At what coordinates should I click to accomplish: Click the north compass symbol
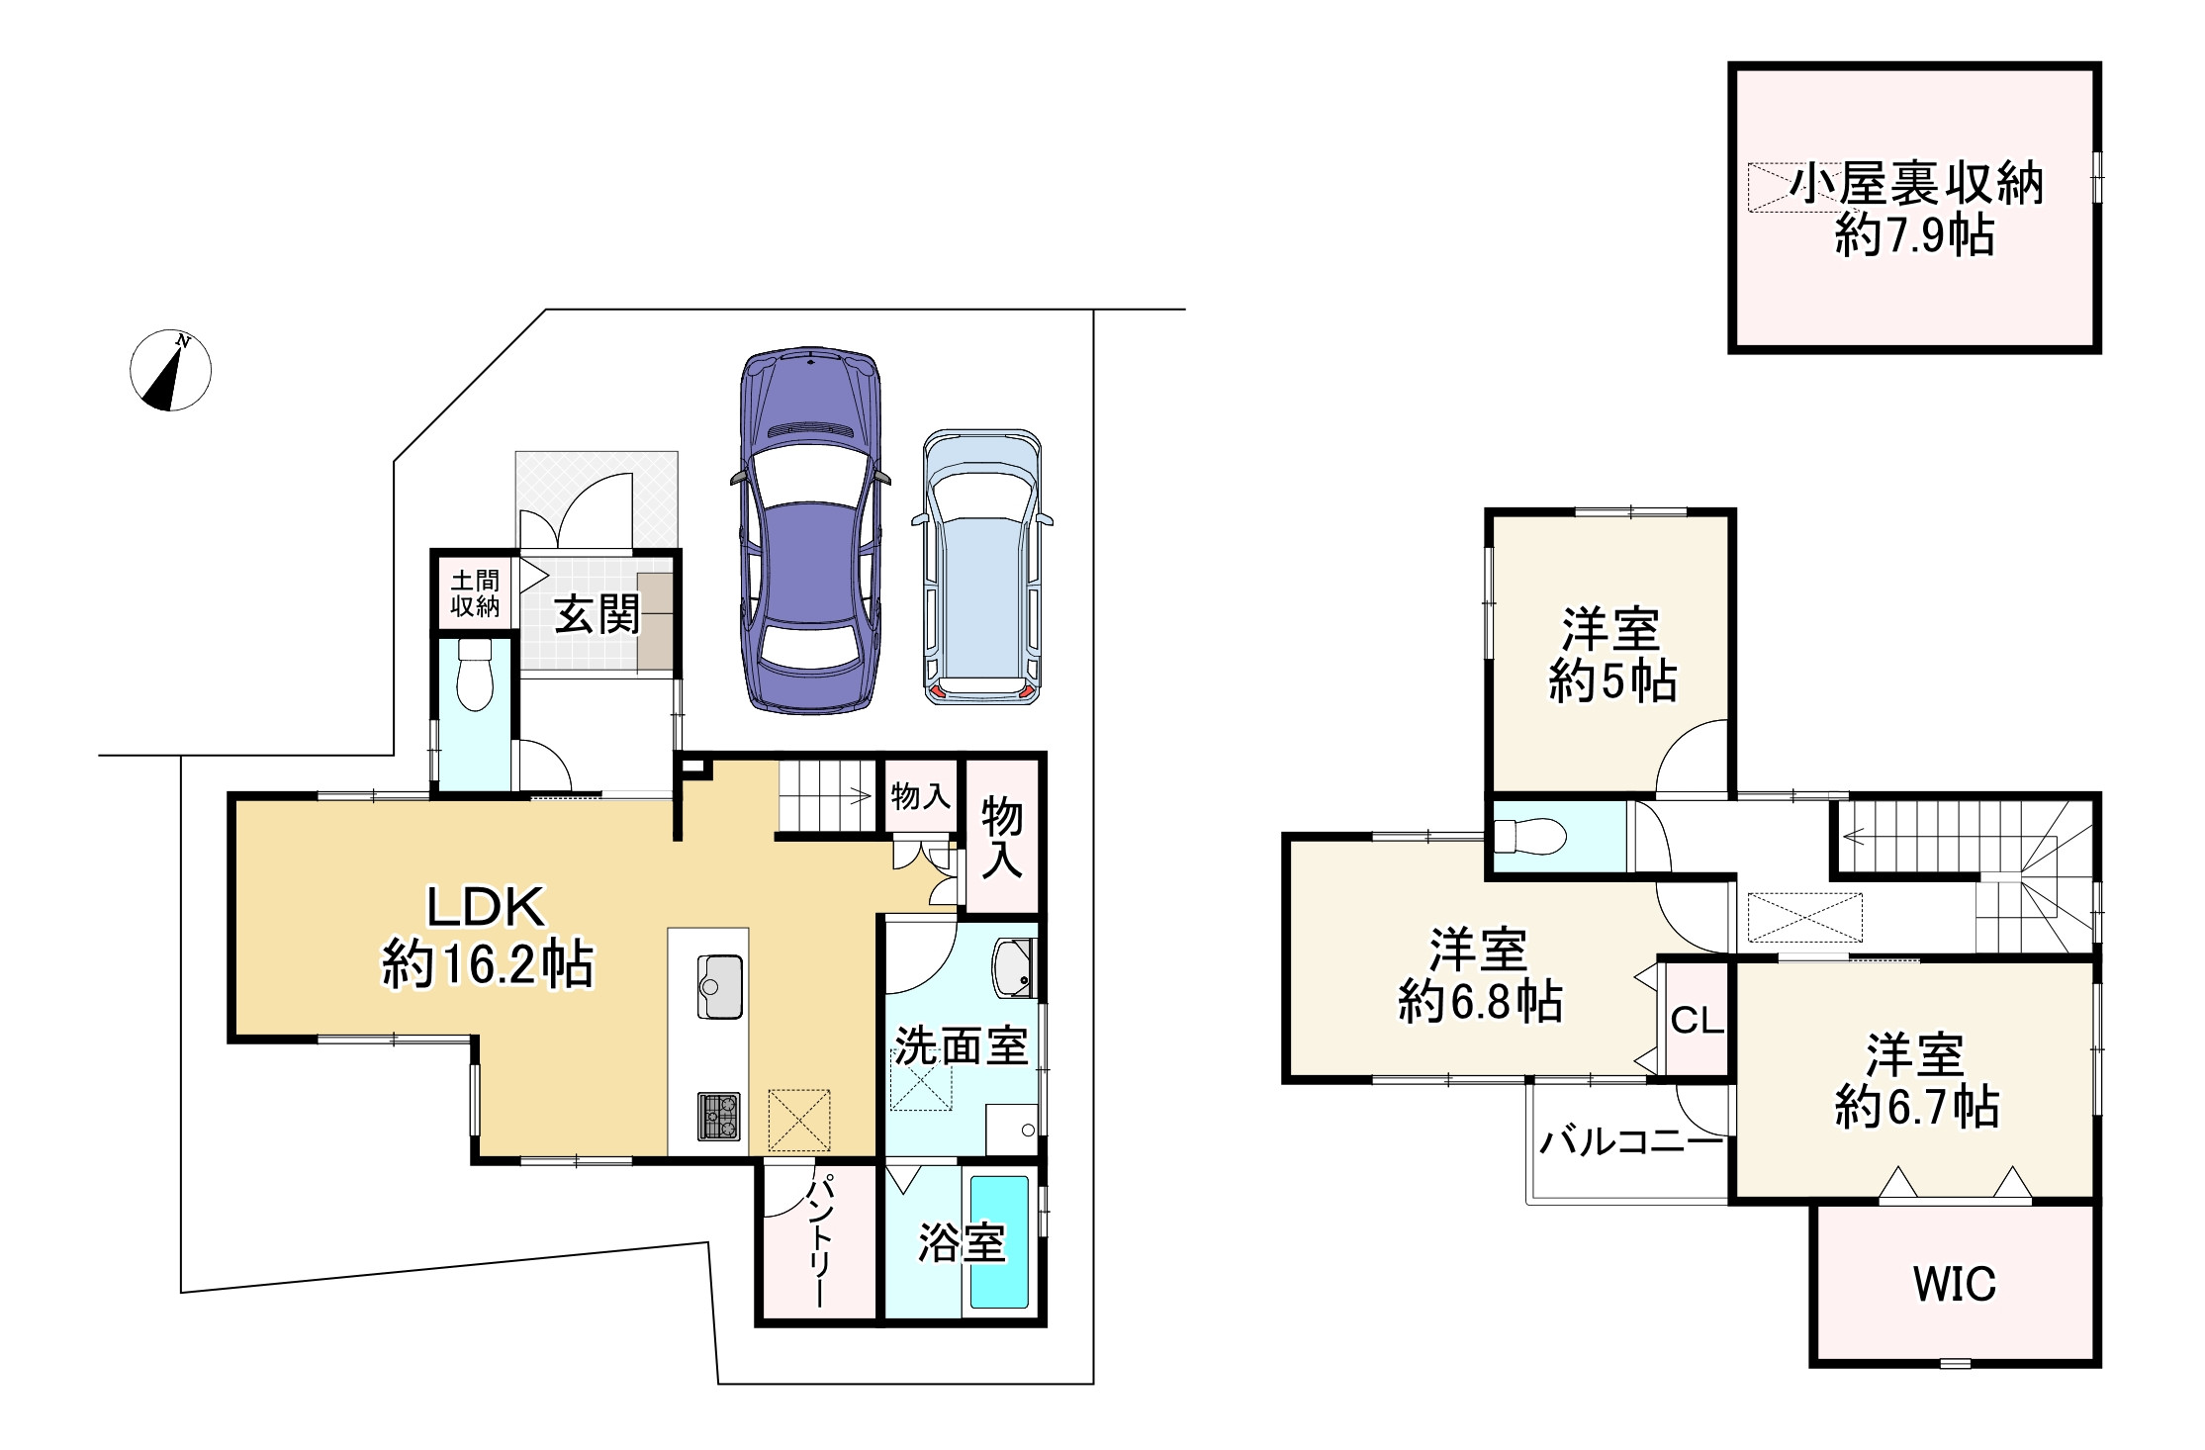pos(171,370)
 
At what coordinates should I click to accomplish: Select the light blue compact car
pos(982,568)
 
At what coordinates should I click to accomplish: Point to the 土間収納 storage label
pos(475,593)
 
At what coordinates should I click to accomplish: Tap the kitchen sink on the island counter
pos(720,986)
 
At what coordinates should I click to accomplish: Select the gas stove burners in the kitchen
pos(719,1116)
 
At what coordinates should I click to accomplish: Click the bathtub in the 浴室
pos(999,1242)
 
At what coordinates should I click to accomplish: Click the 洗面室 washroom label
pos(961,1045)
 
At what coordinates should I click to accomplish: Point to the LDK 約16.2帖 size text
pos(488,964)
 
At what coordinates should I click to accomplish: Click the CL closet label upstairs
pos(1698,1021)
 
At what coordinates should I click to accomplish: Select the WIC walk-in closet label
pos(1955,1284)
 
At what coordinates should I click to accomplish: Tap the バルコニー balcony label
pos(1631,1143)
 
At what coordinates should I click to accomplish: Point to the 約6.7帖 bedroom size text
pos(1917,1107)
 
